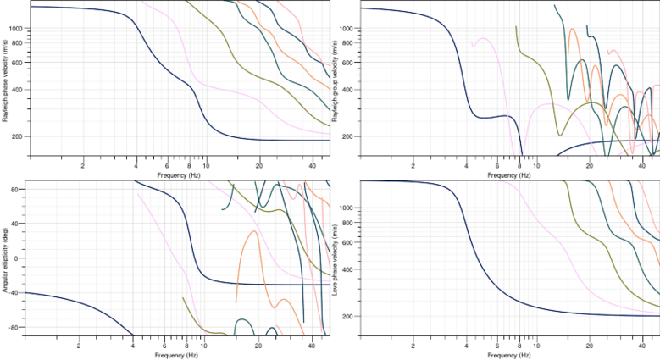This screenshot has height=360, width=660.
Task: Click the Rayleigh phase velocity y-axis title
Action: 6,78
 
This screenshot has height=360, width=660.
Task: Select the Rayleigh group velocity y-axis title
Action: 336,78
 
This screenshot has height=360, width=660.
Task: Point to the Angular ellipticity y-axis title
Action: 6,258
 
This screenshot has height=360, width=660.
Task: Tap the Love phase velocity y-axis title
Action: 336,258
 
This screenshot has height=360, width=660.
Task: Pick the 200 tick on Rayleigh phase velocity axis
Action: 19,136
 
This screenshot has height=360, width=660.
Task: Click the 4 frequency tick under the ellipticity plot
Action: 133,346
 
